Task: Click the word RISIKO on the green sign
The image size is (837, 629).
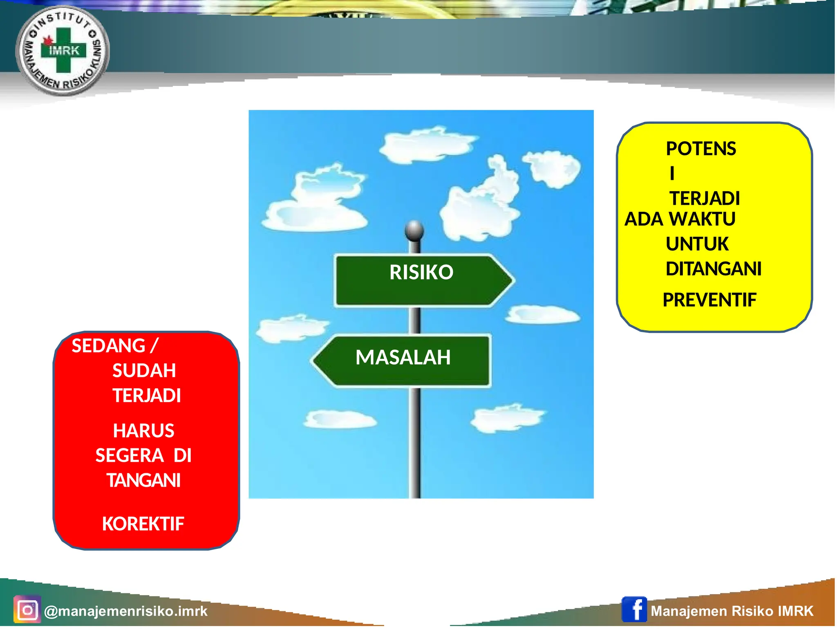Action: point(421,272)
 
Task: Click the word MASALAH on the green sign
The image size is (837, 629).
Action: point(403,357)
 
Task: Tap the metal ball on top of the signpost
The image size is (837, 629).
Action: point(414,230)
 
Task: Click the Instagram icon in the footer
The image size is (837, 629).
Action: point(27,610)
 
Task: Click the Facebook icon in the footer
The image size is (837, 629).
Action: point(634,609)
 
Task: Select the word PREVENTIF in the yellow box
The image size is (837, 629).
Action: point(709,300)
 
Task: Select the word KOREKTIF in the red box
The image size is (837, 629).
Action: point(143,524)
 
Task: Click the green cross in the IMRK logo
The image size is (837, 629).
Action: point(63,50)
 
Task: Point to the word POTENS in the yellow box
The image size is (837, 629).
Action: point(700,149)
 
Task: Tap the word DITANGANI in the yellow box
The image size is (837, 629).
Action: point(713,269)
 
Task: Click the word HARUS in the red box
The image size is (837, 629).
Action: point(143,431)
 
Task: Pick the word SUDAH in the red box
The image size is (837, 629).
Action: point(144,371)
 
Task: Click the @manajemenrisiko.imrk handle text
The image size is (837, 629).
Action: point(125,611)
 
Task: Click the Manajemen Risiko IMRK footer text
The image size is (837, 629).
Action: point(732,611)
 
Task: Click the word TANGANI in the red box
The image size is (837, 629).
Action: point(143,480)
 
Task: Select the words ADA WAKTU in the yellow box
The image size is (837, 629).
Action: point(680,219)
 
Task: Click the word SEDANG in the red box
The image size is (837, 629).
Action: point(108,346)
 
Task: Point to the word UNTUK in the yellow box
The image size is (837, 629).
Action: point(697,244)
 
